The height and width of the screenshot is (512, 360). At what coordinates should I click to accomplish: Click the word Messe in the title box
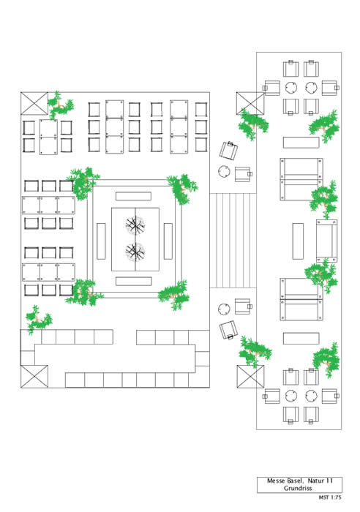(x=275, y=481)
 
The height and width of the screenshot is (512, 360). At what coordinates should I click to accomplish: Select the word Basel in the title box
(x=296, y=481)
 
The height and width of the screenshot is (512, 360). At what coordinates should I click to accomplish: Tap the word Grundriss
(x=298, y=488)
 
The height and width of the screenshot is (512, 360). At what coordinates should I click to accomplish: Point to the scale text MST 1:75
(x=329, y=497)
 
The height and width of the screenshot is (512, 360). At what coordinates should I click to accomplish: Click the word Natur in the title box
(x=316, y=481)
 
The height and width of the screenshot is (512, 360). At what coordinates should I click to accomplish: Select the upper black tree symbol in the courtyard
(x=135, y=225)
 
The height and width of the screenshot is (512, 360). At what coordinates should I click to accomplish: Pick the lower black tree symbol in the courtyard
(x=135, y=252)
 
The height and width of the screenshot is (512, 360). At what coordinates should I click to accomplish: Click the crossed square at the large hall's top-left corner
(x=34, y=104)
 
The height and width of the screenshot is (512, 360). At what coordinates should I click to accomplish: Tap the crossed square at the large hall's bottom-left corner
(x=34, y=376)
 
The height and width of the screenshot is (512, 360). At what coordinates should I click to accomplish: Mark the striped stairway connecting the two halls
(x=233, y=241)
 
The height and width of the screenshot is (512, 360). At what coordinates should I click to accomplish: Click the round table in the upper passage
(x=224, y=171)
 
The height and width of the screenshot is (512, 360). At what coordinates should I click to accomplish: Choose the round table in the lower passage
(x=224, y=309)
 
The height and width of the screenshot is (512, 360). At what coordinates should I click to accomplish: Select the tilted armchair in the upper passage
(x=229, y=151)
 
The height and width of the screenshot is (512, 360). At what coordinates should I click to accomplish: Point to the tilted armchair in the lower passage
(x=228, y=330)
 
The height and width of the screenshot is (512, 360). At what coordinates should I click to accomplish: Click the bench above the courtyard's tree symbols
(x=133, y=196)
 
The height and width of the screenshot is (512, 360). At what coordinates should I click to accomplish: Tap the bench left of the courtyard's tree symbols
(x=101, y=241)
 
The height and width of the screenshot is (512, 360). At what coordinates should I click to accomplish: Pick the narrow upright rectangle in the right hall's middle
(x=298, y=241)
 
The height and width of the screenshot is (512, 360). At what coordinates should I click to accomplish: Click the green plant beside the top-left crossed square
(x=60, y=105)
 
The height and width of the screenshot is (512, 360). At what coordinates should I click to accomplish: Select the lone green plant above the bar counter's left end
(x=37, y=320)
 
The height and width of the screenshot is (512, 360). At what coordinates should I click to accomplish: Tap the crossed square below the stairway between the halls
(x=250, y=377)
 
